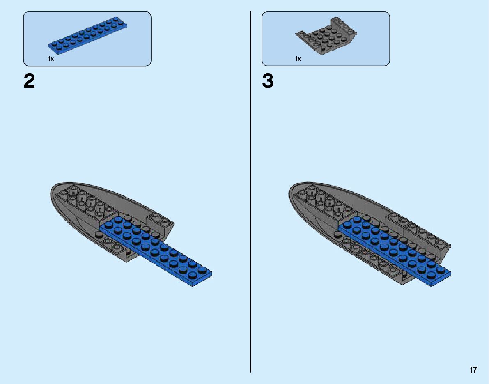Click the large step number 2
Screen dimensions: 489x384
(x=29, y=81)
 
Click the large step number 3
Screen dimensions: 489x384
(x=268, y=81)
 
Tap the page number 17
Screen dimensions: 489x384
(x=473, y=370)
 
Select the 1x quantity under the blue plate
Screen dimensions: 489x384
(x=51, y=59)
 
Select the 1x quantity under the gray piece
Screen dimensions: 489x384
(x=298, y=59)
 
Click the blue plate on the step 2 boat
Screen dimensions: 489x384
(x=156, y=251)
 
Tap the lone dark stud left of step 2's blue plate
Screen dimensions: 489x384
(x=99, y=234)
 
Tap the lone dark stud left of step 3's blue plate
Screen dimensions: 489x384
(x=337, y=234)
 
